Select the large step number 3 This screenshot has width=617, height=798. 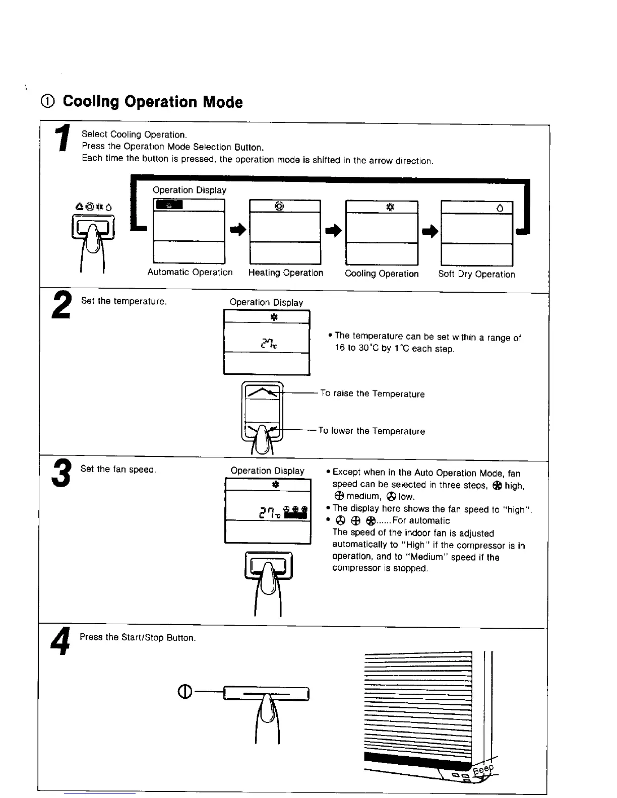(60, 474)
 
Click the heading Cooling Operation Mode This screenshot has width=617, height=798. (152, 102)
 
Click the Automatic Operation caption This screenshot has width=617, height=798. (190, 273)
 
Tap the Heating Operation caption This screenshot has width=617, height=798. (286, 273)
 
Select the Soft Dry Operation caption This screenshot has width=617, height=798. (476, 275)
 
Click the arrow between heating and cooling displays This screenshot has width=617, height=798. (333, 231)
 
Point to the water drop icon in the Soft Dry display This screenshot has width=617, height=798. (500, 208)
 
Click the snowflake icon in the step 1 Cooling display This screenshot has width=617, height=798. (389, 207)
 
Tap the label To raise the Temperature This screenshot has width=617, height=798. (373, 394)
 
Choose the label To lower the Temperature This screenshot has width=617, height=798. (372, 431)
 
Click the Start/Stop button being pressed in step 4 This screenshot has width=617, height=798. (266, 695)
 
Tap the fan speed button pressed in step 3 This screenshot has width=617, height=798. (268, 565)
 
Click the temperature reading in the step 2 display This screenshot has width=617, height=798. (268, 344)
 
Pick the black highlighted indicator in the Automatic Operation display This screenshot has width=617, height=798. (169, 205)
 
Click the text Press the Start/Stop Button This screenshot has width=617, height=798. (138, 638)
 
